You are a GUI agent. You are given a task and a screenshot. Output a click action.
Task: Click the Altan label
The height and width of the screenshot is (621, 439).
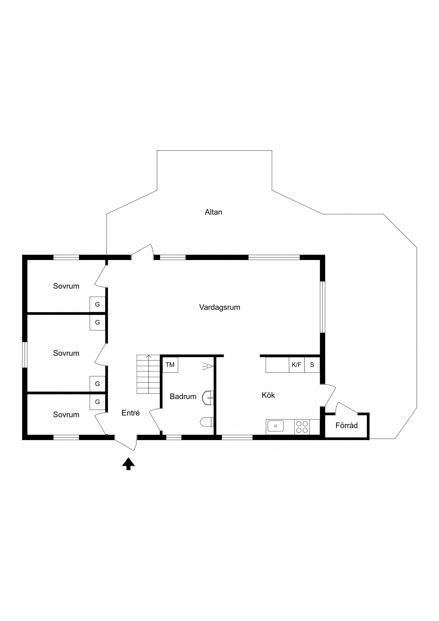coord(213,212)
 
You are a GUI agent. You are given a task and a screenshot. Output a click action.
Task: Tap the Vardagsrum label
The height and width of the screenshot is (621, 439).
coord(220,307)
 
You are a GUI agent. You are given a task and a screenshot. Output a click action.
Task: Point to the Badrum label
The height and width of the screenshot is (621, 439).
coord(183,397)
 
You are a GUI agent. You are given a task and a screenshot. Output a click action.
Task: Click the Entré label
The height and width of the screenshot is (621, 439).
coord(131,413)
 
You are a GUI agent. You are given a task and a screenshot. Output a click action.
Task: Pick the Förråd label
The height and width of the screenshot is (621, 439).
coord(346,425)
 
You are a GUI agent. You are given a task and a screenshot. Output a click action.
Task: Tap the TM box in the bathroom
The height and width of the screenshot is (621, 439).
coord(170,365)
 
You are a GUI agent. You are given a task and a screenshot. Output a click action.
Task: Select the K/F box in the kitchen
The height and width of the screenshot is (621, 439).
coord(297,365)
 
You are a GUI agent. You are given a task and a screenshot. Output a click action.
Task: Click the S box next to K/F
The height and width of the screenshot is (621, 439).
coord(312,365)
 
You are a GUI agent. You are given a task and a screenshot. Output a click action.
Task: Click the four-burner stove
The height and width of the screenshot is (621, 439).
coord(302,427)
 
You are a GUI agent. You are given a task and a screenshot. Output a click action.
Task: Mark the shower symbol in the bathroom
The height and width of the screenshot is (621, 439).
coord(208,366)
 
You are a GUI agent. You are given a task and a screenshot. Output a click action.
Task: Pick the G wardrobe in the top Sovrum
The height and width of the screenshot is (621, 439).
coord(97,304)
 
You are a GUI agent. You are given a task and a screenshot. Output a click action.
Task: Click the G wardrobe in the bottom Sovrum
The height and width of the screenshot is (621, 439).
coord(97,402)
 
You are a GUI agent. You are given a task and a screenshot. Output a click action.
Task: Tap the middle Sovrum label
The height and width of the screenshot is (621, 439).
coord(66,353)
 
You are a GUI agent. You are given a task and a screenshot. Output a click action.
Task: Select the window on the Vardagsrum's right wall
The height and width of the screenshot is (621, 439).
coord(322,307)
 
